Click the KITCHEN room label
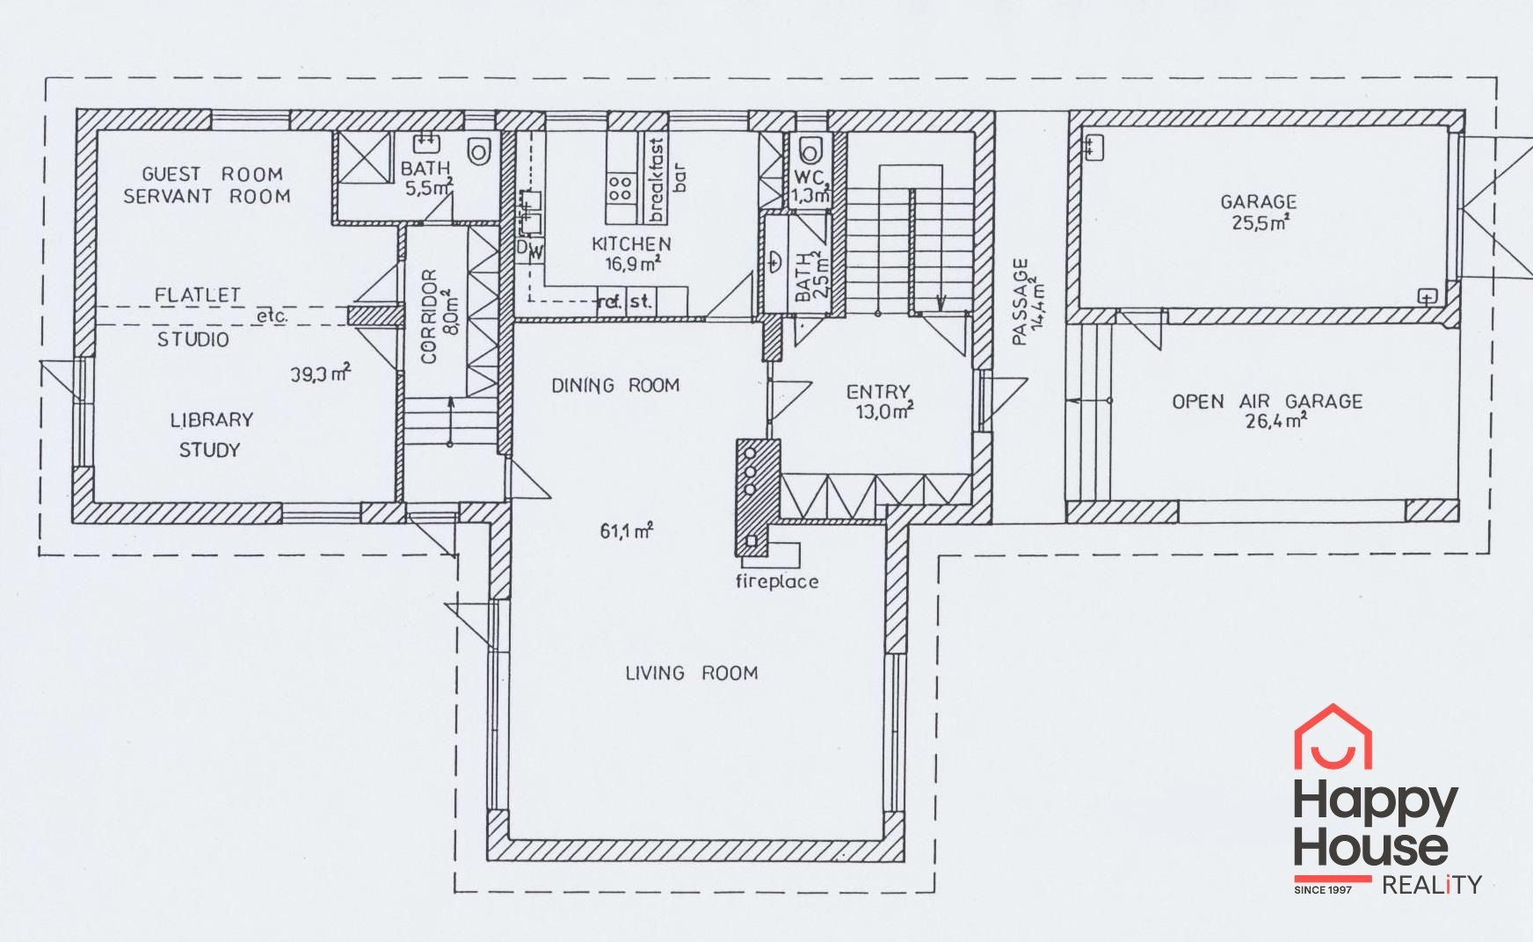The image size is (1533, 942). (631, 244)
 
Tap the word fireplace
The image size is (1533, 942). (777, 581)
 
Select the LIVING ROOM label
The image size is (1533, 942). (691, 673)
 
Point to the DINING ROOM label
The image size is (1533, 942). (615, 385)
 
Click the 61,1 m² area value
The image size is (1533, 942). (626, 531)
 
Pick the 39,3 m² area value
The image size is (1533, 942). (321, 374)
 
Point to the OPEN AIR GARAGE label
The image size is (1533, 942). (1268, 402)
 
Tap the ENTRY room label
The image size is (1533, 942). (877, 392)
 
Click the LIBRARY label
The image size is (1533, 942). (211, 420)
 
